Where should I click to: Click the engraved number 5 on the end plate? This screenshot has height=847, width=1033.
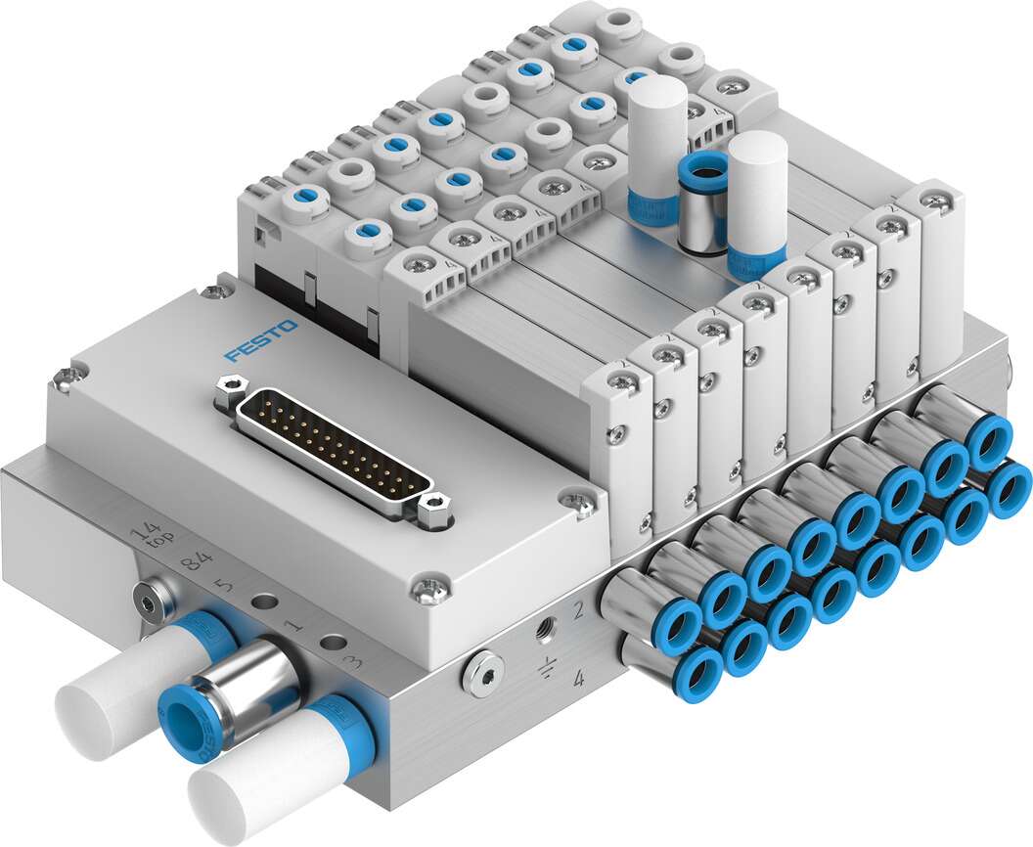(x=224, y=588)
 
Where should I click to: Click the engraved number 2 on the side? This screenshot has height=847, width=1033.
(x=578, y=611)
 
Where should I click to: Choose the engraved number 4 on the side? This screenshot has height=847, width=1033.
(x=578, y=677)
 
